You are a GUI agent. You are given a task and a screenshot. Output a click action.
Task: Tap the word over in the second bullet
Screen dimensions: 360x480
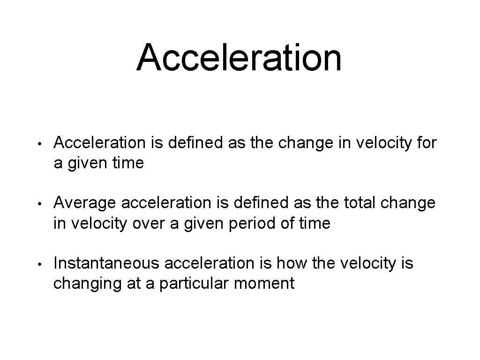point(146,224)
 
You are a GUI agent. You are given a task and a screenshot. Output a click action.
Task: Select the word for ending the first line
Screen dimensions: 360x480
point(426,142)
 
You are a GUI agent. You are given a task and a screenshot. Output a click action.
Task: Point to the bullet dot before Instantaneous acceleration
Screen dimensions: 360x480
point(42,264)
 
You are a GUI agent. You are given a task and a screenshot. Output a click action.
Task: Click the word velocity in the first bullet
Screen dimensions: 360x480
point(381,142)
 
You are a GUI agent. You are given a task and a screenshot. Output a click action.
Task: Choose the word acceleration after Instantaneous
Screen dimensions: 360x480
point(209,263)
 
